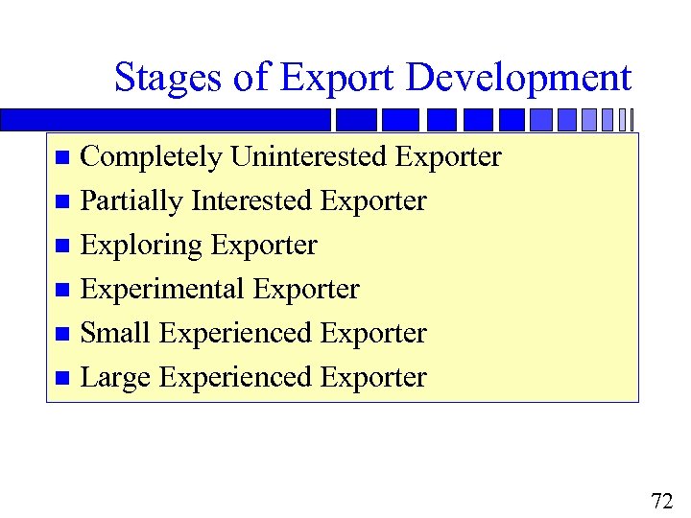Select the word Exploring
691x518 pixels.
tap(141, 246)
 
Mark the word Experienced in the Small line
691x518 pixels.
tap(236, 333)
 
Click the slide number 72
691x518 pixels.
tap(661, 500)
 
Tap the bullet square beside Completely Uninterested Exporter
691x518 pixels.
tap(62, 157)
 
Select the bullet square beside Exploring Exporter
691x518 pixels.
tap(62, 247)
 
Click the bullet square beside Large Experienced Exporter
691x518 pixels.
tap(62, 379)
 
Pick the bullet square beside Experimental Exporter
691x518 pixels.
tap(62, 291)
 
